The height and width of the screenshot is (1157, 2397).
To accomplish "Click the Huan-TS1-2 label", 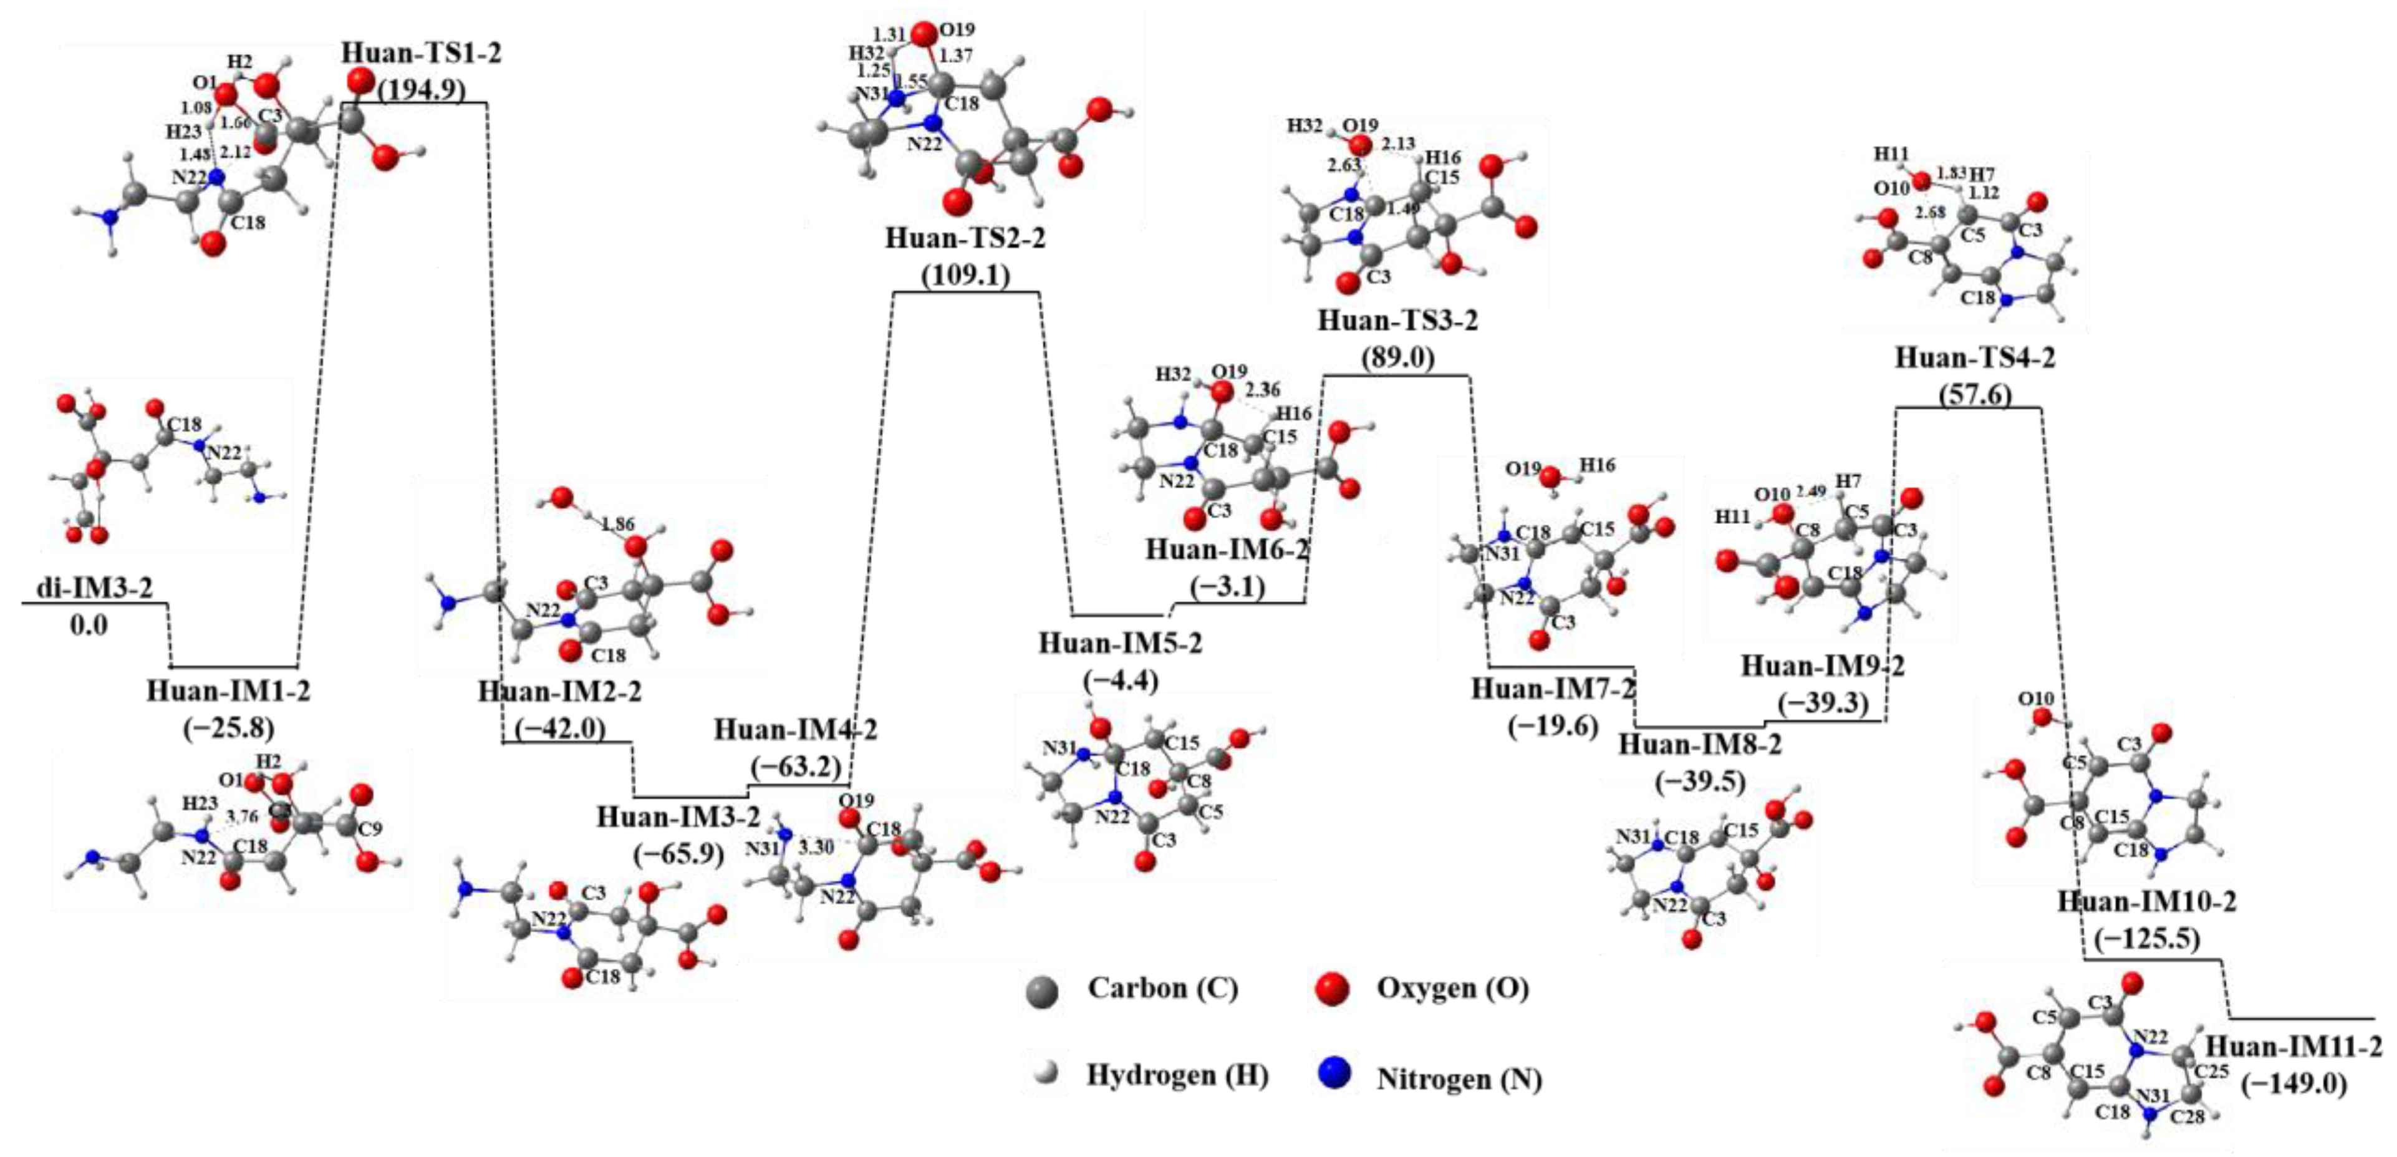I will point(422,52).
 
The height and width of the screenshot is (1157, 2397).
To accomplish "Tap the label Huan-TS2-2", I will point(965,238).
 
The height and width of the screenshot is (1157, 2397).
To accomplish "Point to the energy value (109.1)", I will point(965,276).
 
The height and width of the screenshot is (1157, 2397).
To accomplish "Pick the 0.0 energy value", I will point(89,624).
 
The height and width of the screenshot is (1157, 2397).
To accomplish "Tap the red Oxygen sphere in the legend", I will point(1333,989).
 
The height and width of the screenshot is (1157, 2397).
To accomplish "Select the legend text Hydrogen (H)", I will point(1177,1075).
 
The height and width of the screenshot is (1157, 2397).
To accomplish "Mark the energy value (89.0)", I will point(1397,359).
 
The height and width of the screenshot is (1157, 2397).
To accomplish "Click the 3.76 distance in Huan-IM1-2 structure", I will point(242,816).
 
